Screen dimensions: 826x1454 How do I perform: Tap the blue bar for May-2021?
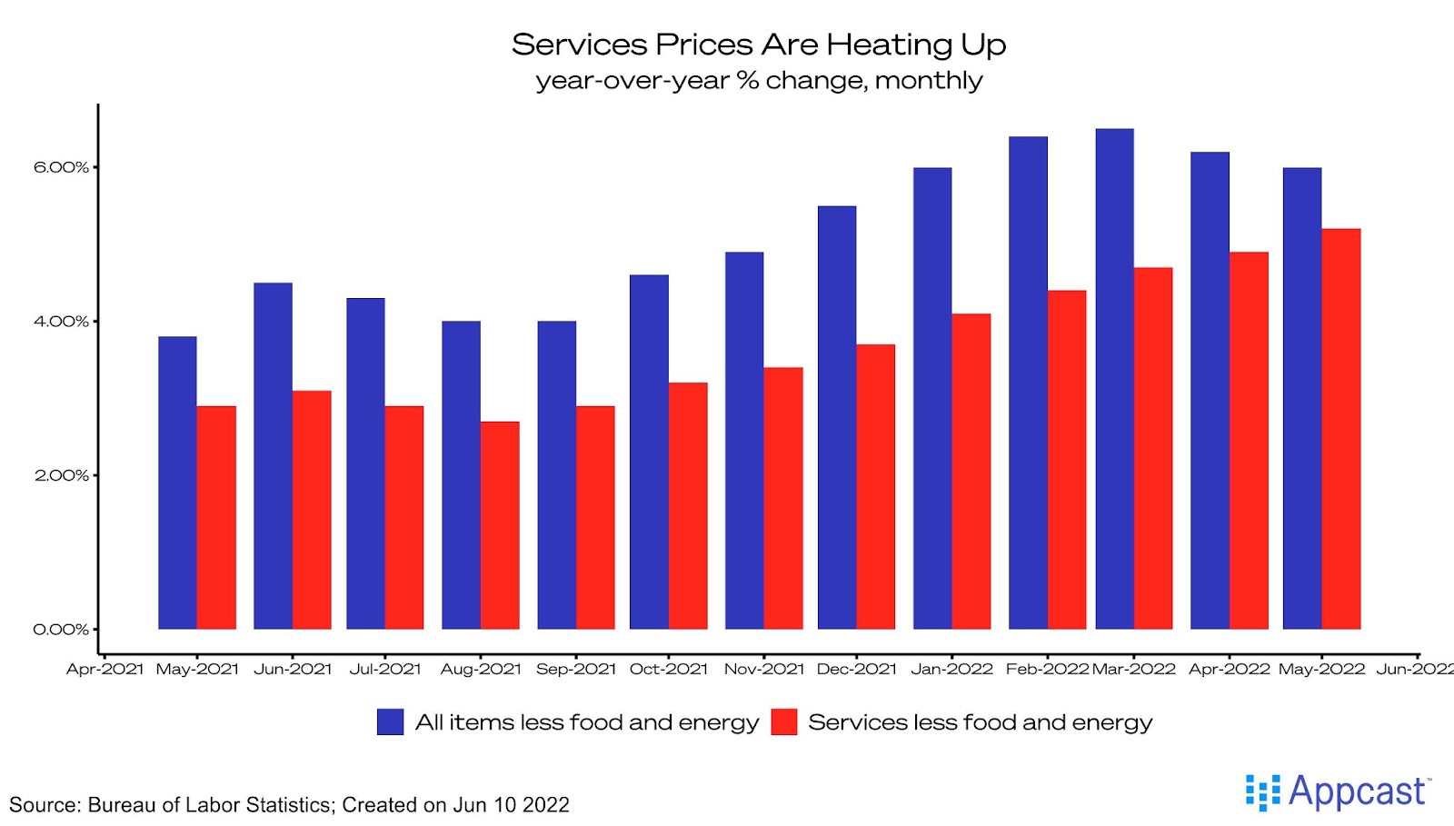click(x=177, y=483)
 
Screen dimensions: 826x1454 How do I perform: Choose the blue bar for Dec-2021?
click(x=837, y=417)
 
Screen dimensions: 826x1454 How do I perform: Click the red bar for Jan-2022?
click(x=971, y=472)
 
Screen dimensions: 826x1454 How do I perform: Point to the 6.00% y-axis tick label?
click(x=61, y=167)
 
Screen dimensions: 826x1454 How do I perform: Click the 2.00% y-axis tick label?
click(x=61, y=475)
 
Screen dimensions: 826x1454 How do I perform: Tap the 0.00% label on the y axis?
click(x=61, y=629)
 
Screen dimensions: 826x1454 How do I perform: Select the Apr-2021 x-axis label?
click(x=105, y=670)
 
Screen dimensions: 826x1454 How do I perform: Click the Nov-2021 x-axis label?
click(x=764, y=670)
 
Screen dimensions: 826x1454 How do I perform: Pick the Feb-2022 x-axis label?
click(x=1047, y=670)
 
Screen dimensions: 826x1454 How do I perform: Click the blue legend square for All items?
click(x=390, y=722)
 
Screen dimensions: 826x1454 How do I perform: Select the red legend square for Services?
click(x=783, y=722)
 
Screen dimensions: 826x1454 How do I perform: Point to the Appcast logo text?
click(x=1356, y=791)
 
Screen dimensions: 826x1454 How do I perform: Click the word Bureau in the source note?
click(x=122, y=805)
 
